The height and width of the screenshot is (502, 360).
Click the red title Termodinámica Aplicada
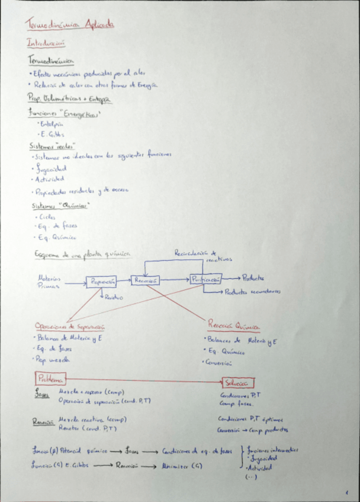pos(70,24)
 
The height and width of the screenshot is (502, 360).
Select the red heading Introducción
pos(46,43)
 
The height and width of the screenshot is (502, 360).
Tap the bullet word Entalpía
pos(51,124)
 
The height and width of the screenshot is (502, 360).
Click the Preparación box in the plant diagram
pos(102,282)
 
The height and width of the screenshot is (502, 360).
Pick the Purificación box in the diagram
pos(205,278)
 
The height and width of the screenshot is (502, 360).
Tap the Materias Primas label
pos(49,281)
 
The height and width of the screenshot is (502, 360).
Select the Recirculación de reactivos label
pos(200,255)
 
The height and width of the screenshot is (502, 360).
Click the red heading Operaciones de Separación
pos(69,326)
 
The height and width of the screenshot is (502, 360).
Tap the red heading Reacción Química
pos(234,325)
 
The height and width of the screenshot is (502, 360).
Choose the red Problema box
pos(50,378)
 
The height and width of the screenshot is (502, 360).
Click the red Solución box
pos(238,383)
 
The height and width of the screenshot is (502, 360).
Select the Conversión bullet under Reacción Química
pos(220,362)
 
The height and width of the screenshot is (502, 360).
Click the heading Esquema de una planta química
pos(82,254)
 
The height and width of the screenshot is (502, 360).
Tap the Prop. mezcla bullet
pos(53,359)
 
